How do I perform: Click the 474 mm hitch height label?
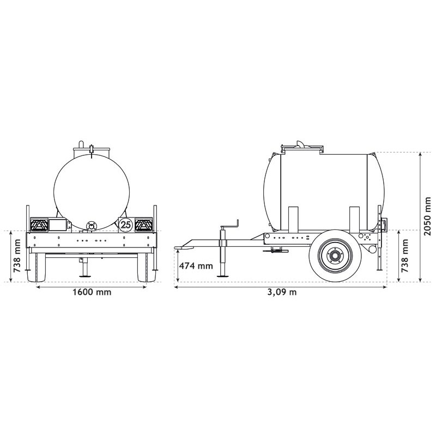coord(196,266)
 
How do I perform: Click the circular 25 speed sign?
coord(126,224)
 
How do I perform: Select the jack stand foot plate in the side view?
coord(222,276)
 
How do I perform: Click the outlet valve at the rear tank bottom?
coord(92,225)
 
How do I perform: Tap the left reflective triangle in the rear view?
coord(39,224)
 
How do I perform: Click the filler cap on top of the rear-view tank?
coord(92,148)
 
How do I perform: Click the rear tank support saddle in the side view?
coord(354,218)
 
